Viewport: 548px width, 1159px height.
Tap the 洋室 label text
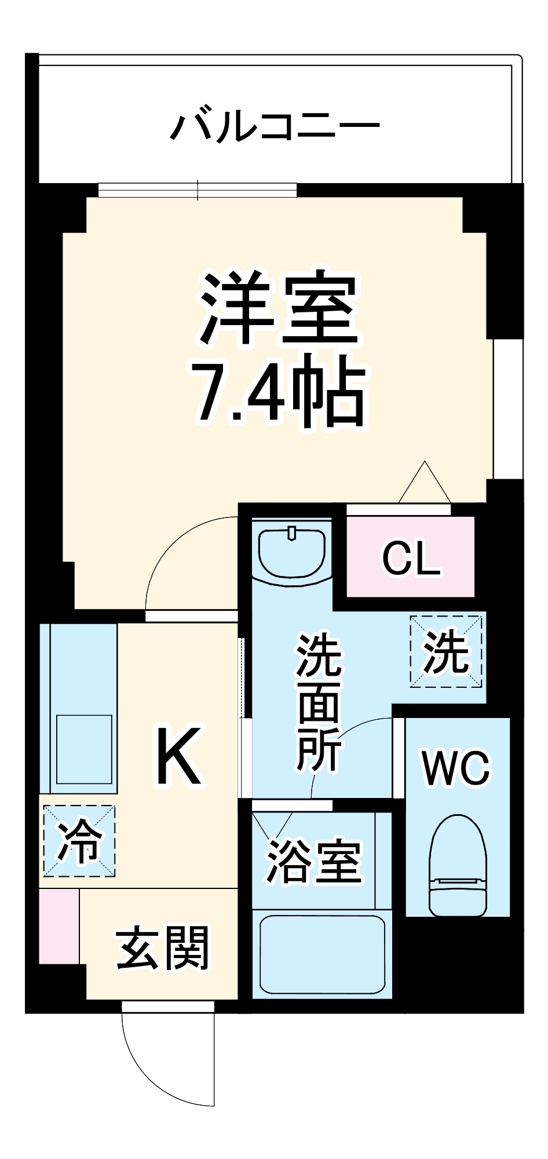coord(277,307)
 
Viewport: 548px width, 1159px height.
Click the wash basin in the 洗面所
coord(291,551)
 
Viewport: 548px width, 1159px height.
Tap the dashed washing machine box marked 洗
coord(446,651)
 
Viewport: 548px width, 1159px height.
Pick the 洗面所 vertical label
coord(319,704)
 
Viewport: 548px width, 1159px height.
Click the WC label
coord(456,768)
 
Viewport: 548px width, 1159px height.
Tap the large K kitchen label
coord(179,756)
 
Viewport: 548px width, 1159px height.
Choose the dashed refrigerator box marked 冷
coord(79,841)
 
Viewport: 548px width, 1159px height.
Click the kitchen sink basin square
coord(84,749)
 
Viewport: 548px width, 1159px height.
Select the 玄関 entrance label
coord(162,948)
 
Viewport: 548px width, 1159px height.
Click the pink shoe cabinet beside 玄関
coord(59,926)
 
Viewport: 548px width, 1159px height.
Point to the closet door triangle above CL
coord(425,484)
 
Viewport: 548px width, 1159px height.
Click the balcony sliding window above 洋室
coord(197,189)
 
